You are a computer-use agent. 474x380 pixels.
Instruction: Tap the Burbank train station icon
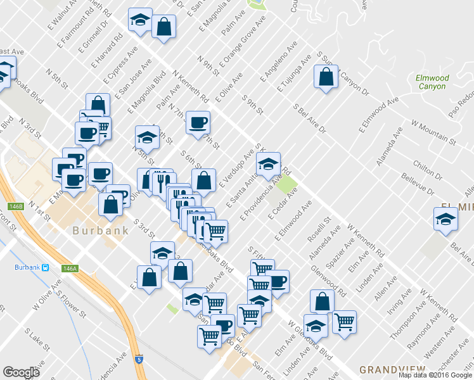click(x=46, y=267)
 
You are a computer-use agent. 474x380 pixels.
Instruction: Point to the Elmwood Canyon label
click(x=432, y=82)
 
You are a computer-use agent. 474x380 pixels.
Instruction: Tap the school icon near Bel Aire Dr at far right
click(x=445, y=219)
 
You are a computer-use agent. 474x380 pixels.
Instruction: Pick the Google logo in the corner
click(x=22, y=372)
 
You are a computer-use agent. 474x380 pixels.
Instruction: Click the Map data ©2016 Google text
click(x=435, y=375)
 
